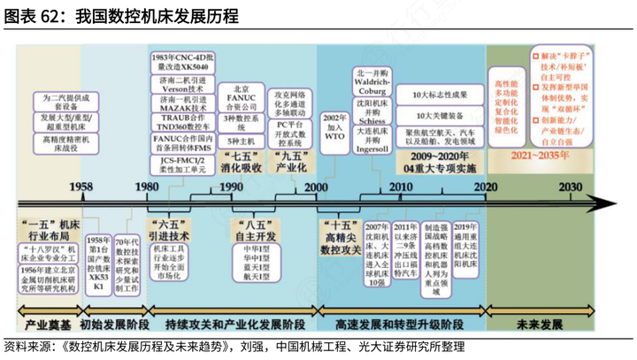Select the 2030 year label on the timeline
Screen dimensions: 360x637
[x=570, y=187]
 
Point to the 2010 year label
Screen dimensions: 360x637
[x=400, y=187]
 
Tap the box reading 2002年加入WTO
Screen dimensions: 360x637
[x=334, y=129]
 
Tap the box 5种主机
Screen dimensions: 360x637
[x=241, y=140]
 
